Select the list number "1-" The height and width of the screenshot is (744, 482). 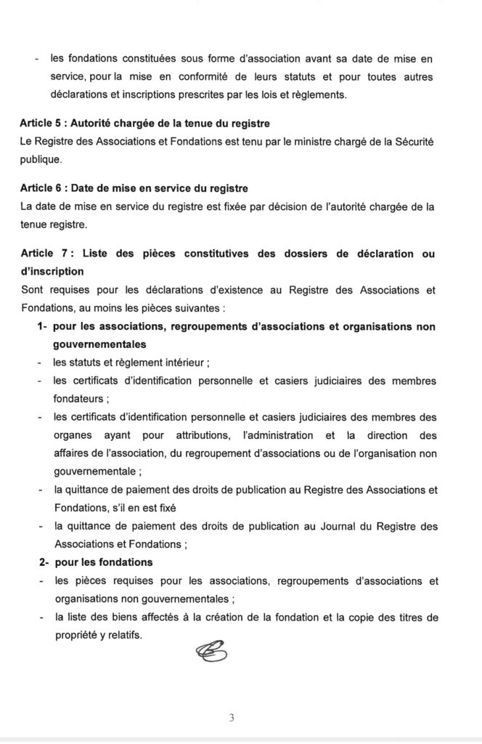tap(43, 327)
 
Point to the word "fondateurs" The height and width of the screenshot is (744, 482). tap(78, 398)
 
